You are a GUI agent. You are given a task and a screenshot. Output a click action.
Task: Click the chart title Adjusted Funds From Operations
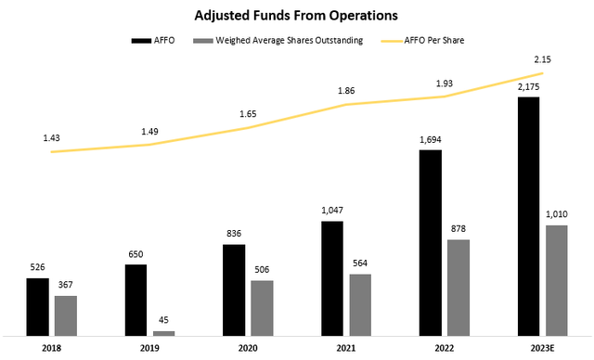[x=296, y=16]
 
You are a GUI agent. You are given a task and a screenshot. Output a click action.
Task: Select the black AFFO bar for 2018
[x=37, y=307]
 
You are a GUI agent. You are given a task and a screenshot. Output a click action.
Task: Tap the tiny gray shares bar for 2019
[x=163, y=333]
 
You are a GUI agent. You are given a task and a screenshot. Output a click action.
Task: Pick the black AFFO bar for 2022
[x=431, y=243]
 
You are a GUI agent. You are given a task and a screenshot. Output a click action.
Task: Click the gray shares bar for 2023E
[x=557, y=280]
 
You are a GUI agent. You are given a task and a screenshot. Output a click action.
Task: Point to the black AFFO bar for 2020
[x=234, y=290]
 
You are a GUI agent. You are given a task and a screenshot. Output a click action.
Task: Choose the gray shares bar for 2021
[x=360, y=305]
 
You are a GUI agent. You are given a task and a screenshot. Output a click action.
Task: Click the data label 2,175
[x=528, y=87]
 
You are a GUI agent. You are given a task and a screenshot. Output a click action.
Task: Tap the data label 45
[x=163, y=320]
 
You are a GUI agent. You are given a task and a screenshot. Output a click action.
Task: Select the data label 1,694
[x=431, y=140]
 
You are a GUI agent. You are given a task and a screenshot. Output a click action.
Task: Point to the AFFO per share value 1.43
[x=52, y=138]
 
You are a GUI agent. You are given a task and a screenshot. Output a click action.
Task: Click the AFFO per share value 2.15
[x=542, y=59]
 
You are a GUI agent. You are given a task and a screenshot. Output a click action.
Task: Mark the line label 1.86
[x=346, y=91]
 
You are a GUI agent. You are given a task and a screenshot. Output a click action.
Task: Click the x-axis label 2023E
[x=542, y=348]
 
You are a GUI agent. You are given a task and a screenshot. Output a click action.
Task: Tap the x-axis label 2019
[x=149, y=348]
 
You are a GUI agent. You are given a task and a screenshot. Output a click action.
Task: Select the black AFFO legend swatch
[x=141, y=41]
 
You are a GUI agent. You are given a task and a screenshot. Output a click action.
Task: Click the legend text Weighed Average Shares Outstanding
[x=290, y=41]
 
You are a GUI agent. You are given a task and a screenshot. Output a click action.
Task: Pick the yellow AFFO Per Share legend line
[x=392, y=41]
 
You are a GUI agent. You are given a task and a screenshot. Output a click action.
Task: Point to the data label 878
[x=458, y=228]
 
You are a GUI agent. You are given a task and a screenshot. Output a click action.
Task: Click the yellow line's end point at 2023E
[x=542, y=73]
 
